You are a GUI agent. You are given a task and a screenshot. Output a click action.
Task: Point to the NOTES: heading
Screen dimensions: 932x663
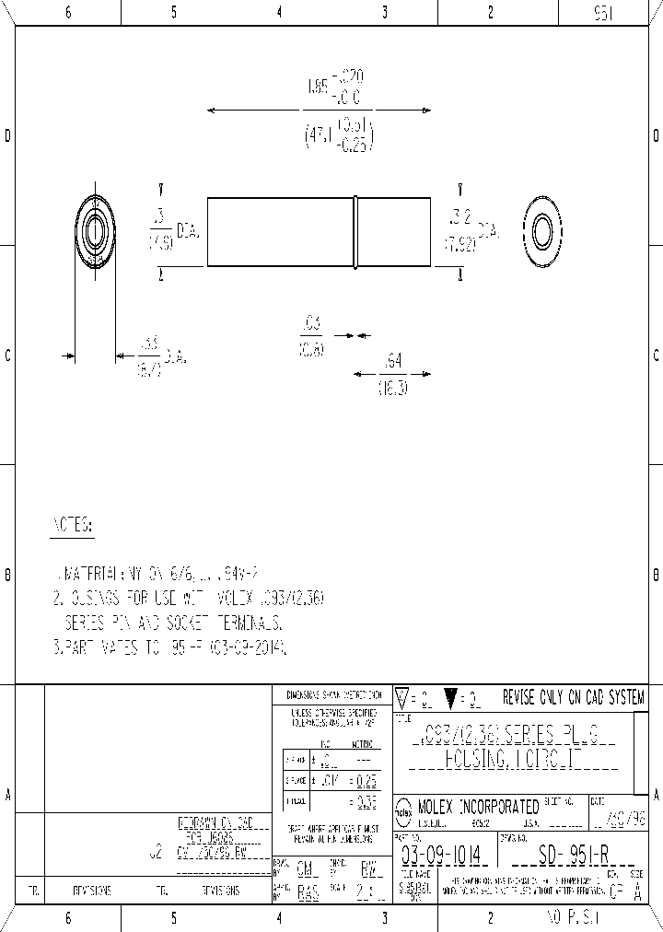71,526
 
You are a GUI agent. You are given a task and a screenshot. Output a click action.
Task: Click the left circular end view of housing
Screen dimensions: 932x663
94,233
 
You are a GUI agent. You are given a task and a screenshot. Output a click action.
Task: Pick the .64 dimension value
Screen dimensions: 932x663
393,361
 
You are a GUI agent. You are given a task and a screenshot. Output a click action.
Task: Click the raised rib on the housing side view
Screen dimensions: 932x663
355,232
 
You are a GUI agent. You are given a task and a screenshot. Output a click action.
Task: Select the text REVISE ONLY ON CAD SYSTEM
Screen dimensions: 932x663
573,697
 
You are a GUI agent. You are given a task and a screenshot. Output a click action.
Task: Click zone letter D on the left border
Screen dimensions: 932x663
8,136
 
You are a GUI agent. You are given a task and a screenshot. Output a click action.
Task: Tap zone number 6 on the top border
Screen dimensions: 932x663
68,12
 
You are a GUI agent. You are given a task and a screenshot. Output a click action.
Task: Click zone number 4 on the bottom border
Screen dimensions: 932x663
279,918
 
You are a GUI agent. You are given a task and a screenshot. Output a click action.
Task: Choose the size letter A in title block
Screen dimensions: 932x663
637,891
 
